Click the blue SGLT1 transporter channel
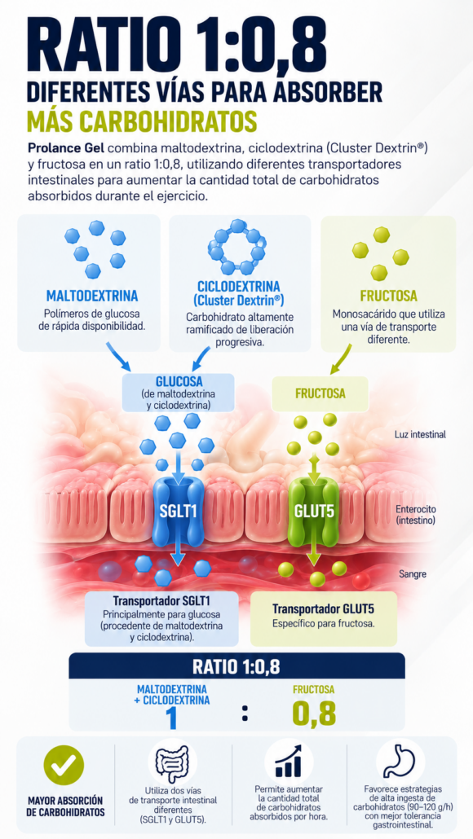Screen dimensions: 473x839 click(179, 510)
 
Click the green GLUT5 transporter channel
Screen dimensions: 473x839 click(314, 510)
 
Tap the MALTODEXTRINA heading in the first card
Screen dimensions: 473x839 click(92, 296)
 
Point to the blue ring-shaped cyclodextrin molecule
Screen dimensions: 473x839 click(236, 246)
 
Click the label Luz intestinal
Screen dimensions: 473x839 click(420, 434)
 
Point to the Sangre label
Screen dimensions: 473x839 click(413, 574)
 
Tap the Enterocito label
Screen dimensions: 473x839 click(416, 509)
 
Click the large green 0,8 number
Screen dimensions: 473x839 click(314, 712)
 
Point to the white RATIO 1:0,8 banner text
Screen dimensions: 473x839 click(236, 666)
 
